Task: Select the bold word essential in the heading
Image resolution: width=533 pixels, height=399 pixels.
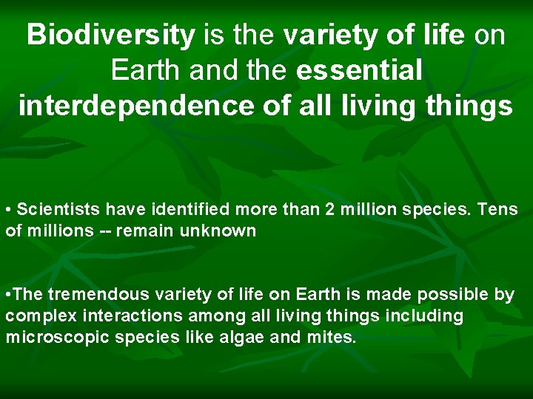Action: pyautogui.click(x=359, y=70)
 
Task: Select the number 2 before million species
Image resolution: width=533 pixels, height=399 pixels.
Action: pyautogui.click(x=329, y=210)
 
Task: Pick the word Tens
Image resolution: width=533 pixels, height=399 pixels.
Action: pyautogui.click(x=498, y=210)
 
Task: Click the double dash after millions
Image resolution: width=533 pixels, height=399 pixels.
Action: pyautogui.click(x=107, y=231)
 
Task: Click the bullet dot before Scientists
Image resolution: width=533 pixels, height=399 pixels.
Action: pyautogui.click(x=8, y=211)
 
